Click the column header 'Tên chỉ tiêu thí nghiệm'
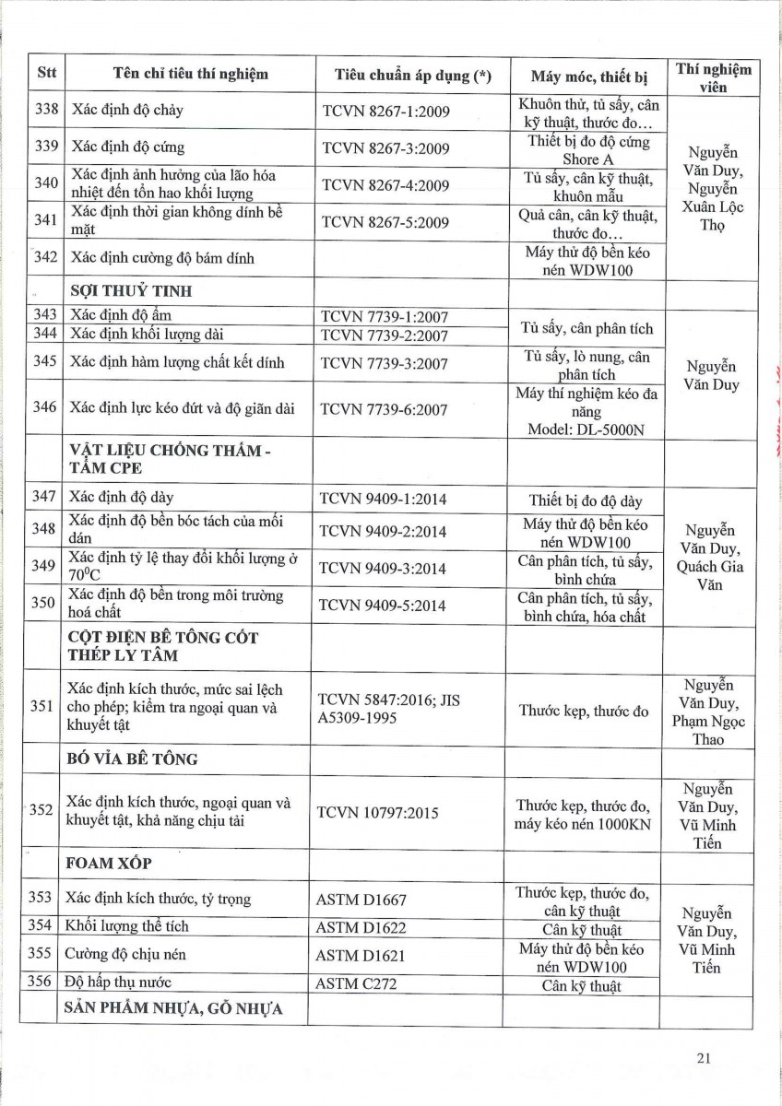(190, 75)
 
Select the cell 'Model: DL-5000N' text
(585, 429)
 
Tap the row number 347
(43, 498)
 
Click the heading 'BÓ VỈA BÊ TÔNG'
(132, 759)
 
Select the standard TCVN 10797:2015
(377, 813)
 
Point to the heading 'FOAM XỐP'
(109, 865)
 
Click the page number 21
(704, 1058)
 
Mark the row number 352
(41, 811)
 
